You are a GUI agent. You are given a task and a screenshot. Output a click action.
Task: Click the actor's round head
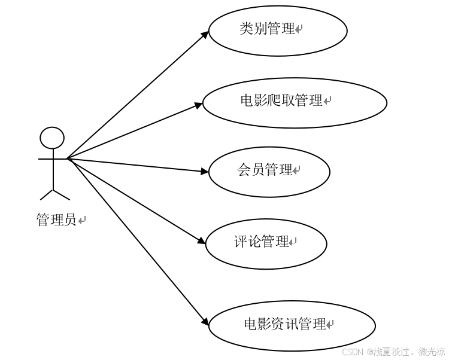52,138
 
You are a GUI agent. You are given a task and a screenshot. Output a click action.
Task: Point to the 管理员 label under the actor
56,220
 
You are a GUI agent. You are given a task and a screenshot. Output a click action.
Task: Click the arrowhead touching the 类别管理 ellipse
205,35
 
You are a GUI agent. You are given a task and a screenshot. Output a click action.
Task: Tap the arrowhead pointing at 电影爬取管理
199,106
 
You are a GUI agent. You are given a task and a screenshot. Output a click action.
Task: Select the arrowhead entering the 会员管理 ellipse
204,172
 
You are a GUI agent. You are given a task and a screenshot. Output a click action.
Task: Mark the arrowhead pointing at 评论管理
202,242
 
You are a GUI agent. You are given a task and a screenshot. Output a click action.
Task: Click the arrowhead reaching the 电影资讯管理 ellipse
205,323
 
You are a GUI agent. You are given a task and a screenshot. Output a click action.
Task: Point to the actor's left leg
47,195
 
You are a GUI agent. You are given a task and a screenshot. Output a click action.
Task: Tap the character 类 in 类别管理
246,29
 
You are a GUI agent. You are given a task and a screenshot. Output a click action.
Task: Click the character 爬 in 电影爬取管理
275,100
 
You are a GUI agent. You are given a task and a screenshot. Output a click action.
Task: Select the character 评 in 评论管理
240,242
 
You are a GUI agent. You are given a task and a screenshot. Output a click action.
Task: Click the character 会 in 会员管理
244,170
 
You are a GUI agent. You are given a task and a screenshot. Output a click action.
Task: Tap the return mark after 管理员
82,221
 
